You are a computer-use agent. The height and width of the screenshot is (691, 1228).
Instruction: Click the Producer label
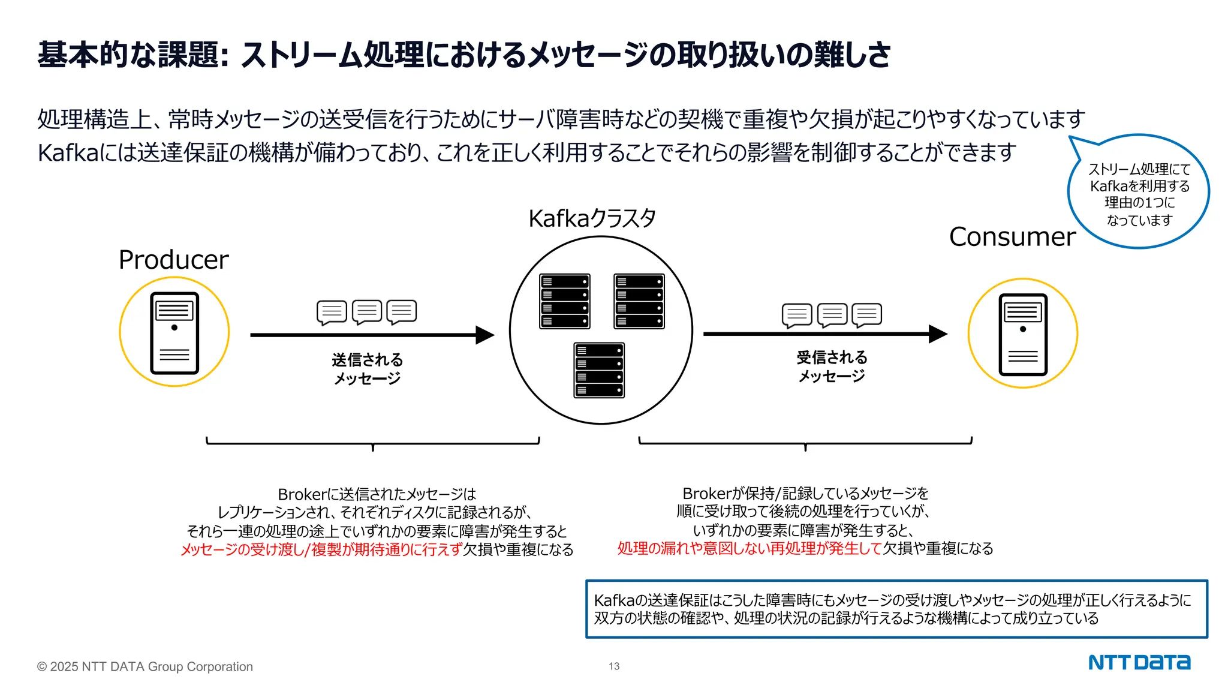coord(173,260)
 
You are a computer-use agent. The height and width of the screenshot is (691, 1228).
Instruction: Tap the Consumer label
coord(1012,237)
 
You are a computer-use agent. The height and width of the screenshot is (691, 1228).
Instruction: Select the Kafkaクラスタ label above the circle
coord(592,218)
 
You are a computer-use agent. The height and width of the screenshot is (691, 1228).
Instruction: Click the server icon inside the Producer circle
coord(174,333)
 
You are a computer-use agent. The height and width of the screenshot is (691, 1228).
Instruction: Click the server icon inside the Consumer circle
coord(1023,334)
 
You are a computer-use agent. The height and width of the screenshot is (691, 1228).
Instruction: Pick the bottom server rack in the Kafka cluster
coord(599,370)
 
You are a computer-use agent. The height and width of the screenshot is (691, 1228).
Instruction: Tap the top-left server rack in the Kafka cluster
coord(564,301)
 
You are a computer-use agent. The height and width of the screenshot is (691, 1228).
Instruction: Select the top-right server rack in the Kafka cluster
coord(639,301)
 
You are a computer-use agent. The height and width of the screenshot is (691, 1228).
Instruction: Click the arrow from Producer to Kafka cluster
coord(372,335)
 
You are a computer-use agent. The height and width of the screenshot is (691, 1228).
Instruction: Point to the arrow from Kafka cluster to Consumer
coord(824,334)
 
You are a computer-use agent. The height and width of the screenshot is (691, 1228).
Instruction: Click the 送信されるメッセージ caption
coord(367,368)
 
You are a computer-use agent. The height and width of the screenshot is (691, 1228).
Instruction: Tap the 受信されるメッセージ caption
coord(832,366)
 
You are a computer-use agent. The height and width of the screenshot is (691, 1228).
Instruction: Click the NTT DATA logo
coord(1139,663)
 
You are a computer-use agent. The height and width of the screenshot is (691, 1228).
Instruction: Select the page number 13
coord(614,666)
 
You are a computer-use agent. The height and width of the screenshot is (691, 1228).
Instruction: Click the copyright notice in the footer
coord(145,666)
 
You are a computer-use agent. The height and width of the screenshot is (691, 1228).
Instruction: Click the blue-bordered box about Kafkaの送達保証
coord(896,609)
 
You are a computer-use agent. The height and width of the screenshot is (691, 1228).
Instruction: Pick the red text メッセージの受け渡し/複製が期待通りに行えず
coord(321,549)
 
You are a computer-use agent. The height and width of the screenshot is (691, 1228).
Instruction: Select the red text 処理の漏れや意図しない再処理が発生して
coord(750,548)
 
